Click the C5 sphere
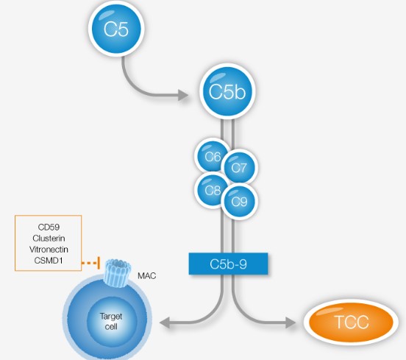click(x=116, y=28)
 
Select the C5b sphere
click(x=227, y=91)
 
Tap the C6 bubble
click(x=213, y=156)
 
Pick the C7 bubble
click(x=240, y=167)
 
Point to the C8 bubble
click(x=213, y=191)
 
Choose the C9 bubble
click(x=240, y=202)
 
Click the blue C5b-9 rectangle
click(x=228, y=264)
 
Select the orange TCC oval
click(x=351, y=322)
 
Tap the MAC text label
click(x=147, y=276)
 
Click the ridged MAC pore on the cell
click(x=117, y=273)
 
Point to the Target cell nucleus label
click(x=111, y=322)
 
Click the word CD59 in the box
click(x=49, y=227)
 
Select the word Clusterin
click(x=49, y=239)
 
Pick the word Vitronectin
click(x=49, y=250)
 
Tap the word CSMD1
click(x=49, y=261)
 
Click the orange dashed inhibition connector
click(x=91, y=263)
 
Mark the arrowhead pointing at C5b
click(x=183, y=95)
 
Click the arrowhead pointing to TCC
click(x=291, y=322)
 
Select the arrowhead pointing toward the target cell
click(x=165, y=322)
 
